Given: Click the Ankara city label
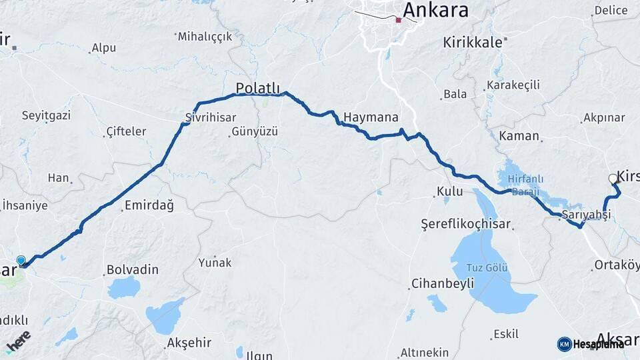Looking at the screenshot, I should pyautogui.click(x=435, y=10).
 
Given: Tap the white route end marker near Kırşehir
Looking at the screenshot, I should pyautogui.click(x=613, y=178).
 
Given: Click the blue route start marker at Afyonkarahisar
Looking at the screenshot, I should pyautogui.click(x=21, y=261).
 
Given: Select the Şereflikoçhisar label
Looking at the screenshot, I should pyautogui.click(x=465, y=224).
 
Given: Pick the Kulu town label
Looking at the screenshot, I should pyautogui.click(x=449, y=192).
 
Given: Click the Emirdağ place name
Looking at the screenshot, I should pyautogui.click(x=149, y=206).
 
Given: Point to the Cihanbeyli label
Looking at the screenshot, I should pyautogui.click(x=443, y=283).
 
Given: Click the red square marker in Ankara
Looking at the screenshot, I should pyautogui.click(x=398, y=20).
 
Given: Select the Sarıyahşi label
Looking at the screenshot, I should pyautogui.click(x=586, y=215).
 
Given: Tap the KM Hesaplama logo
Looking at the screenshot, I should pyautogui.click(x=591, y=344).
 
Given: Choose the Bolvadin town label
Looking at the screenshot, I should pyautogui.click(x=133, y=270).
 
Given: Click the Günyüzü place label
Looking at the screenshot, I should pyautogui.click(x=254, y=132).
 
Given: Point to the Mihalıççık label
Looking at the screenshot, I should pyautogui.click(x=205, y=37).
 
